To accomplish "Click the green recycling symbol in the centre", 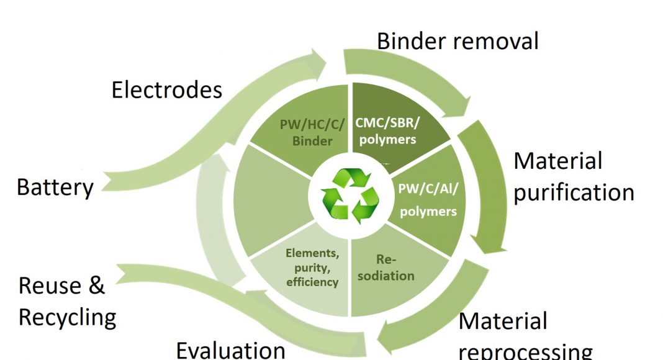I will tap(350, 196).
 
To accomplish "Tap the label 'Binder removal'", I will tap(458, 41).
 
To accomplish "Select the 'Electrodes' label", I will tap(166, 90).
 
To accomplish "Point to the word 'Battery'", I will tap(55, 187).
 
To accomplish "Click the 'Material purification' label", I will tap(573, 177).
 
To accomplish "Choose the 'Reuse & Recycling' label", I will tap(67, 302).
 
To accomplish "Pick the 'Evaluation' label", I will tap(230, 350).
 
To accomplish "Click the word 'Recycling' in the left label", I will tap(67, 317).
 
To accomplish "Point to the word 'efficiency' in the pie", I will tap(312, 282).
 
